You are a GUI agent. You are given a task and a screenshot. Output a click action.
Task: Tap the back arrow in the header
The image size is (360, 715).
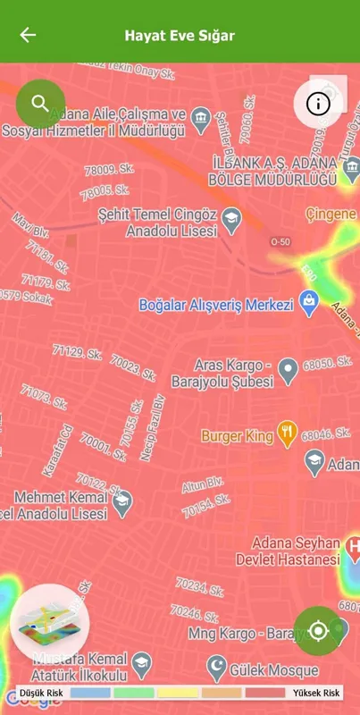pyautogui.click(x=29, y=35)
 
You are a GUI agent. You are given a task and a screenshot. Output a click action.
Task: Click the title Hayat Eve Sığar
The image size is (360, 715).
pyautogui.click(x=180, y=36)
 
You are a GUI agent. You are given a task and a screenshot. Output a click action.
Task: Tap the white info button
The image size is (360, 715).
pyautogui.click(x=318, y=104)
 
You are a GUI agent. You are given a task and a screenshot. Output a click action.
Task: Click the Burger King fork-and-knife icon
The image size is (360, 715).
pyautogui.click(x=287, y=435)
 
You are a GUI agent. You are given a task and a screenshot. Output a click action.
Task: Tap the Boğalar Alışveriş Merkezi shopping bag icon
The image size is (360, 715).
pyautogui.click(x=309, y=304)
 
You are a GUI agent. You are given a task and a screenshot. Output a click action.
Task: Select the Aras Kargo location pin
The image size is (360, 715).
pyautogui.click(x=288, y=367)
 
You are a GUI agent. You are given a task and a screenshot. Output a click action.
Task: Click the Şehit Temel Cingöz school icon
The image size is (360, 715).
pyautogui.click(x=231, y=216)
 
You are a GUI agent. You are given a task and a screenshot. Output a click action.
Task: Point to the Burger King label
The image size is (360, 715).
pyautogui.click(x=236, y=436)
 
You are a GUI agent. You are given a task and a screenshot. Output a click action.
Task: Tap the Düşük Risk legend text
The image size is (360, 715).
pyautogui.click(x=41, y=694)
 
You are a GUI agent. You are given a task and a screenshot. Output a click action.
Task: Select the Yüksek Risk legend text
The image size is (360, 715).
pyautogui.click(x=315, y=694)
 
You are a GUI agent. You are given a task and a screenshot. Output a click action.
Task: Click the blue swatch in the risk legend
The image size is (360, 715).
pyautogui.click(x=89, y=694)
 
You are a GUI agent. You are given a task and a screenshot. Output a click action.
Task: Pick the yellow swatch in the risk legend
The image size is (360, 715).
pyautogui.click(x=180, y=694)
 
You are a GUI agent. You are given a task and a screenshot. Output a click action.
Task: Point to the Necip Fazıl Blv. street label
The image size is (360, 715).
pyautogui.click(x=154, y=427)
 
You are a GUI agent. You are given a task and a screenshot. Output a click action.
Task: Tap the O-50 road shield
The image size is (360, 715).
pyautogui.click(x=280, y=242)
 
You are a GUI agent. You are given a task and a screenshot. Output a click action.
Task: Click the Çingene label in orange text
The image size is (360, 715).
pyautogui.click(x=331, y=214)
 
